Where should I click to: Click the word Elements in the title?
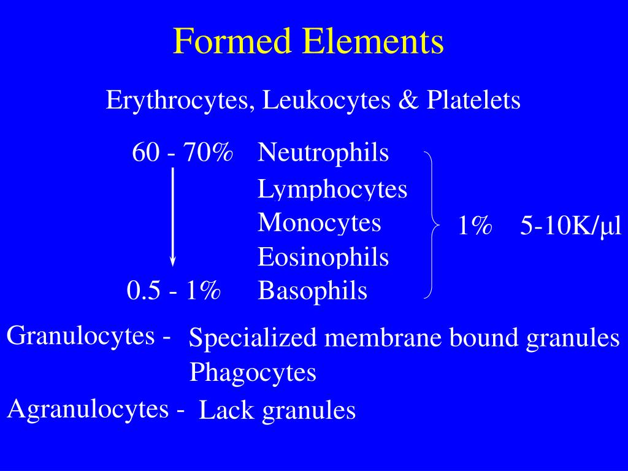[x=373, y=42]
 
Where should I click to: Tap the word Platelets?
[x=473, y=100]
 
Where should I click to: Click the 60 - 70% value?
[x=182, y=153]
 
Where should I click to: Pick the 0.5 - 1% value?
[x=174, y=290]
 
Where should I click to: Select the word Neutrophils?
[x=323, y=153]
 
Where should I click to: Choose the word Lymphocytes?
[x=332, y=189]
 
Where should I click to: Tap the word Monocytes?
[x=319, y=222]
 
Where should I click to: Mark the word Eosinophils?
[x=323, y=256]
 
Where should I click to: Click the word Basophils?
[x=313, y=290]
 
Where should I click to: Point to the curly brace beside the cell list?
[x=433, y=225]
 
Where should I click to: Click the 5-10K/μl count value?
[x=571, y=227]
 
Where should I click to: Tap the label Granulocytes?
[x=83, y=336]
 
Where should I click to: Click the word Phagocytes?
[x=253, y=372]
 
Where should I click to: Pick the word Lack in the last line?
[x=226, y=410]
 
